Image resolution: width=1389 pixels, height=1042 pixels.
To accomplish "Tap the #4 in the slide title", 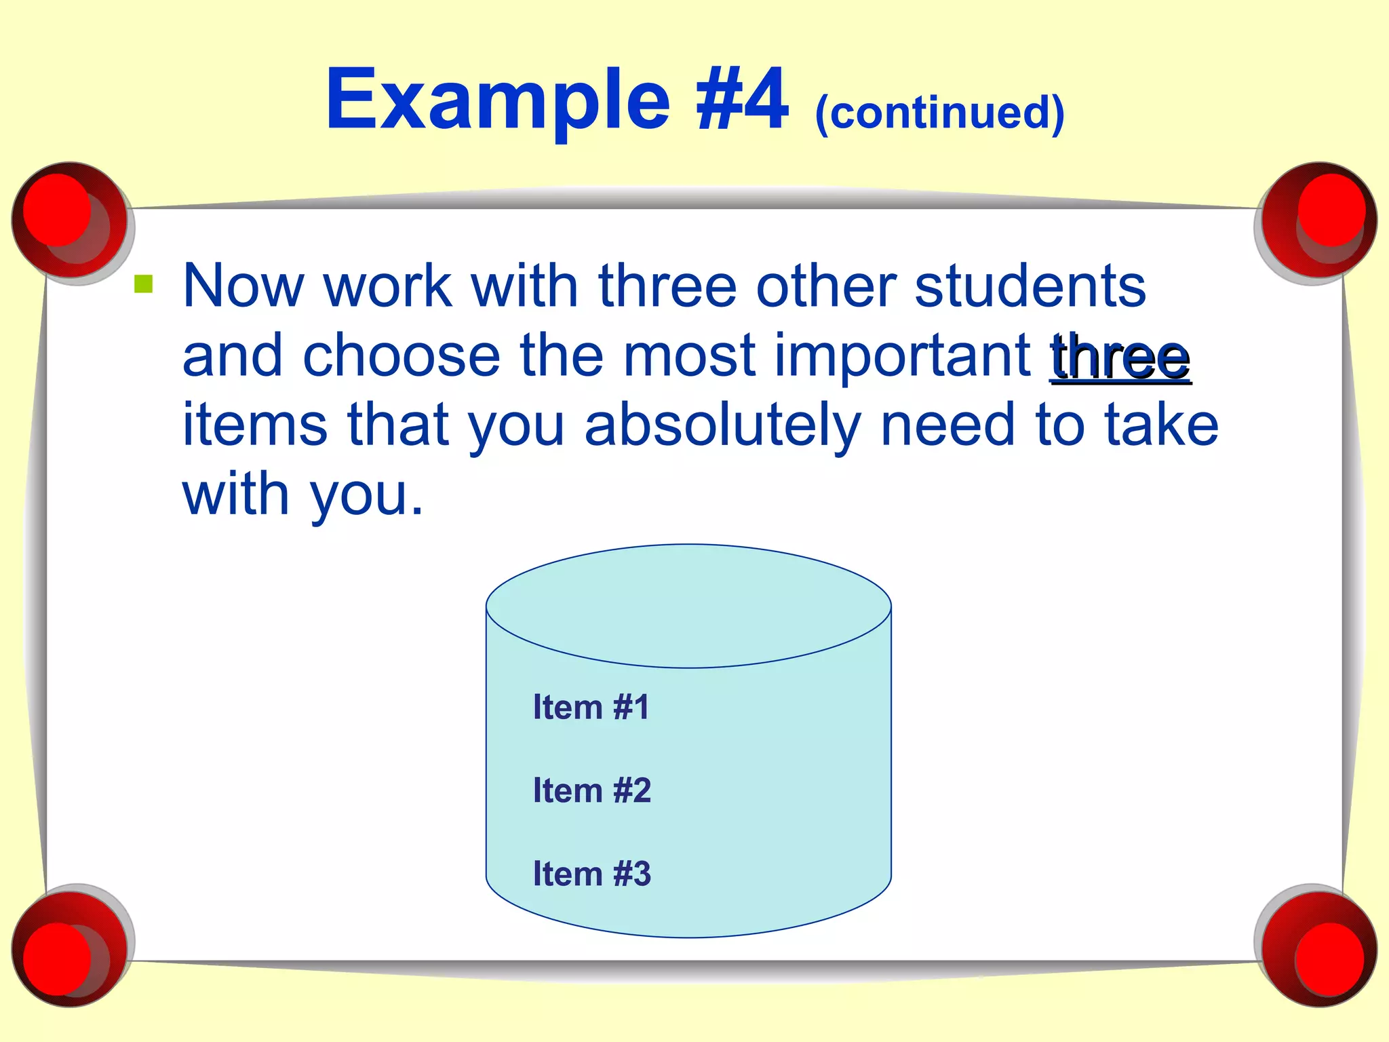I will (x=743, y=100).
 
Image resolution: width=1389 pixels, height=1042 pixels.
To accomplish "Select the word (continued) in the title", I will (x=939, y=113).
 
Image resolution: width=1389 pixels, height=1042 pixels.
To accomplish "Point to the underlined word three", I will (x=1120, y=357).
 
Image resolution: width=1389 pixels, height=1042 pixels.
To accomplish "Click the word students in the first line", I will (x=1030, y=286).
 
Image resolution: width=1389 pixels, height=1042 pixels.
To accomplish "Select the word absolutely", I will (x=723, y=426).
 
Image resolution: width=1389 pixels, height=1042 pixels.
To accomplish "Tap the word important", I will (x=902, y=355).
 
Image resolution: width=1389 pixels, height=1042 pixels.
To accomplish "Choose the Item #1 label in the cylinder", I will (x=591, y=707).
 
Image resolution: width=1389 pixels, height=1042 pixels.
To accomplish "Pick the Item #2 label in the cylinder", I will (x=591, y=790).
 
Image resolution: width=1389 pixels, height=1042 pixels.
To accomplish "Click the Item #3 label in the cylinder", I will (x=591, y=874).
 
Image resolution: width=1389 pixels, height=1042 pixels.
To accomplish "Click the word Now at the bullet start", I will (x=243, y=286).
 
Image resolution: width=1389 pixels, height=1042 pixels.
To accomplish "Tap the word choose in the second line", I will (x=401, y=355).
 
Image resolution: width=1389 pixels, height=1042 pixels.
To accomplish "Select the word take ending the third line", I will (x=1161, y=425).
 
